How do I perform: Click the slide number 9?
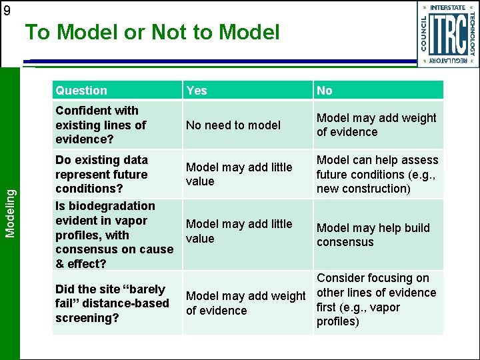click(7, 10)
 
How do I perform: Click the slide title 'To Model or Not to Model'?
click(152, 32)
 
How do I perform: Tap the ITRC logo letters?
click(447, 35)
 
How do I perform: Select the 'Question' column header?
click(81, 91)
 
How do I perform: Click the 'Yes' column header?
click(197, 91)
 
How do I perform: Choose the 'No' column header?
click(325, 91)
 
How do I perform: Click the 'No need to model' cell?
click(233, 125)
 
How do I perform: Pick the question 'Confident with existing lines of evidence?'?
click(101, 125)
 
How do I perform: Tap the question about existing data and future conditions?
click(101, 174)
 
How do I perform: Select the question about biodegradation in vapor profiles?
click(113, 235)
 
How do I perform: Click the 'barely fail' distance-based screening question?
click(112, 303)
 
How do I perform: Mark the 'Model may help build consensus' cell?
click(373, 235)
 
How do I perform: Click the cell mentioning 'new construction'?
click(377, 174)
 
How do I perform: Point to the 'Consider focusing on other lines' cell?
click(376, 300)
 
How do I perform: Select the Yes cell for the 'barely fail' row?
click(245, 303)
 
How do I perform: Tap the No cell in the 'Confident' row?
click(376, 125)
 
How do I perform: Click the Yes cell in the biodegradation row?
click(239, 231)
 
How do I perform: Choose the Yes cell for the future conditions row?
click(239, 174)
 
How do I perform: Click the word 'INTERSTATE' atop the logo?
click(448, 7)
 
